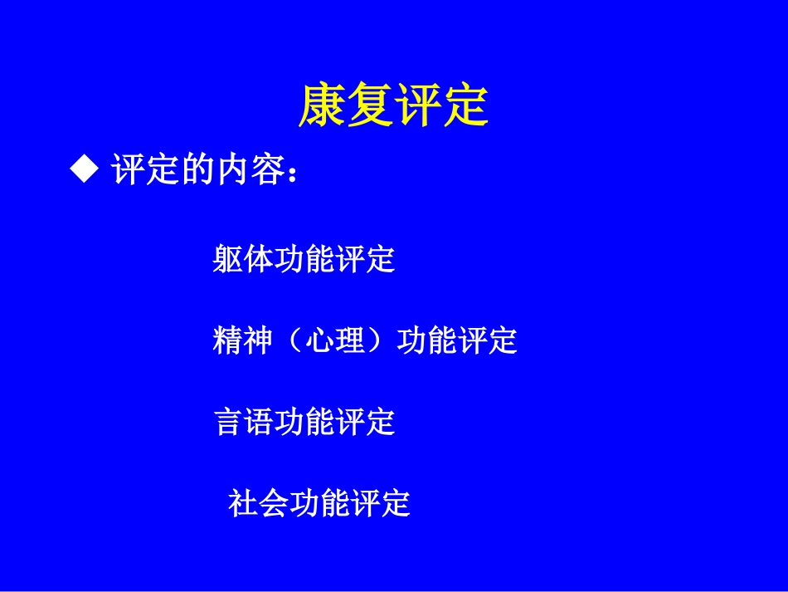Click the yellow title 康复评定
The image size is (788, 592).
pos(393,106)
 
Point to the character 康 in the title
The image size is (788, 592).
pos(322,106)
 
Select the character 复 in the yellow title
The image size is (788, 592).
pos(370,106)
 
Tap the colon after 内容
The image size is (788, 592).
pos(289,173)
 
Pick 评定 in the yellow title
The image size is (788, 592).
pos(441,106)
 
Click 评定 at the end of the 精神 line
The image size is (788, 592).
pos(487,340)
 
